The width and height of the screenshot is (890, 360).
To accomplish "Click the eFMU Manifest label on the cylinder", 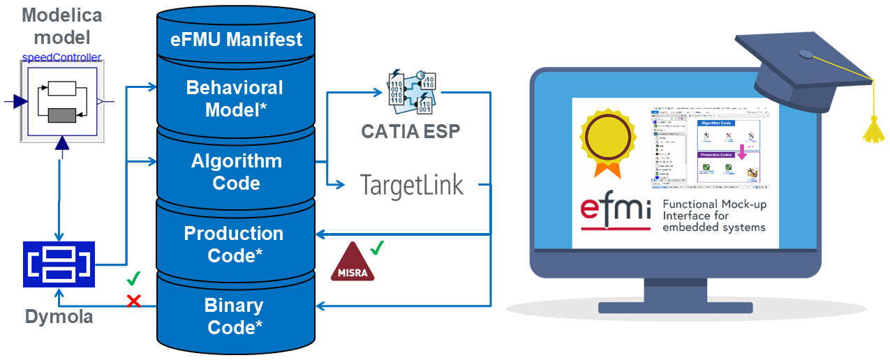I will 237,38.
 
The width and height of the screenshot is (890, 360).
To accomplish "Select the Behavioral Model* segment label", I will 235,98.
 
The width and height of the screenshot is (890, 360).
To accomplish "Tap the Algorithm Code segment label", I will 237,172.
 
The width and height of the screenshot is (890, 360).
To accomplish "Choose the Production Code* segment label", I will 234,244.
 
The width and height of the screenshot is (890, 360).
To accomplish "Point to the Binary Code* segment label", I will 234,316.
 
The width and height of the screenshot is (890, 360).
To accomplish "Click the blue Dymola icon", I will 59,264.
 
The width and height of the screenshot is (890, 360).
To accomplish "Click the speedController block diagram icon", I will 61,101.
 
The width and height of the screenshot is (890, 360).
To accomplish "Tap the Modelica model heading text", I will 61,25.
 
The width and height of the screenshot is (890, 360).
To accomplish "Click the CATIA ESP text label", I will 410,130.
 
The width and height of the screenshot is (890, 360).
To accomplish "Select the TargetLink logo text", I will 412,185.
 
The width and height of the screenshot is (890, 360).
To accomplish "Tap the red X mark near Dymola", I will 133,301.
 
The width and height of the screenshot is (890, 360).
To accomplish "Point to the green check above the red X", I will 133,280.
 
